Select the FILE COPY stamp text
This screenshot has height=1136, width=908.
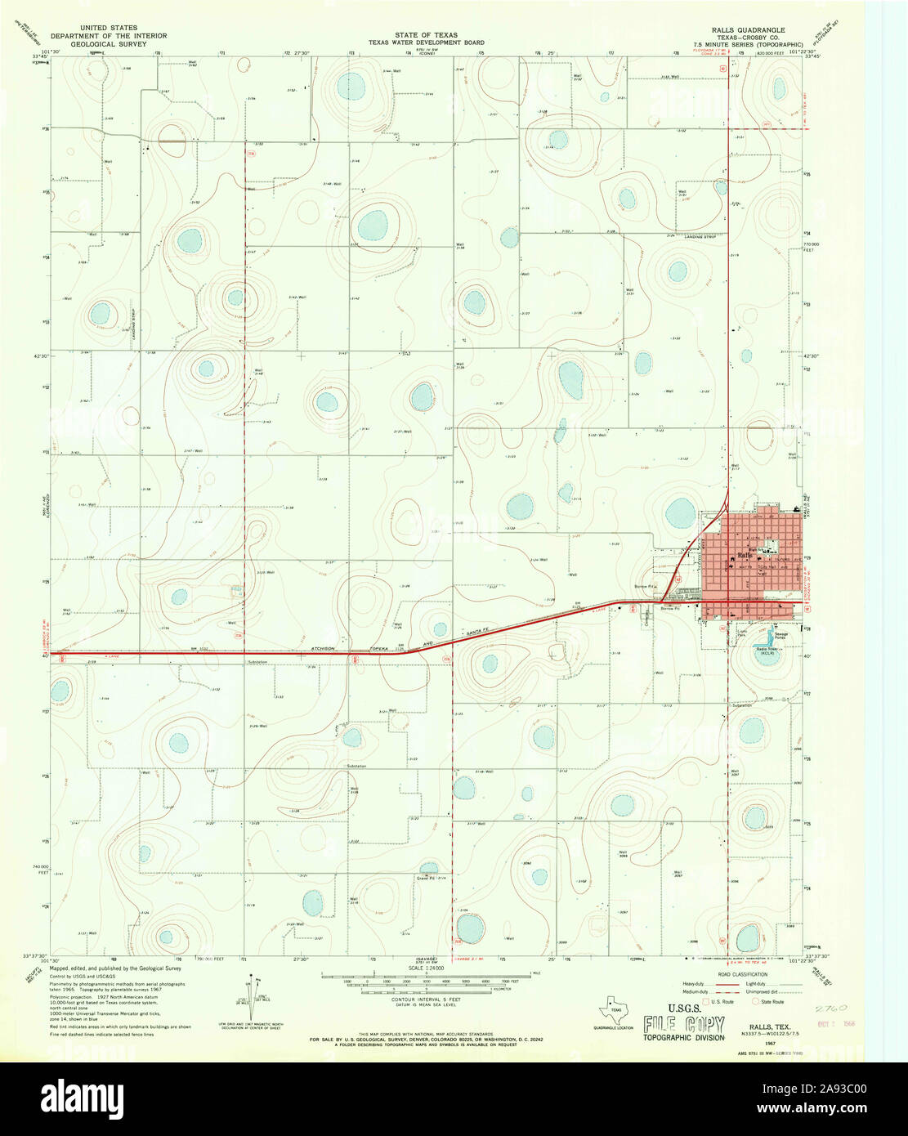click(x=683, y=1024)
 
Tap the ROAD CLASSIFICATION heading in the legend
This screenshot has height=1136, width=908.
click(x=743, y=974)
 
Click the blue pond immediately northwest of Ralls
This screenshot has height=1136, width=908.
click(x=680, y=514)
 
